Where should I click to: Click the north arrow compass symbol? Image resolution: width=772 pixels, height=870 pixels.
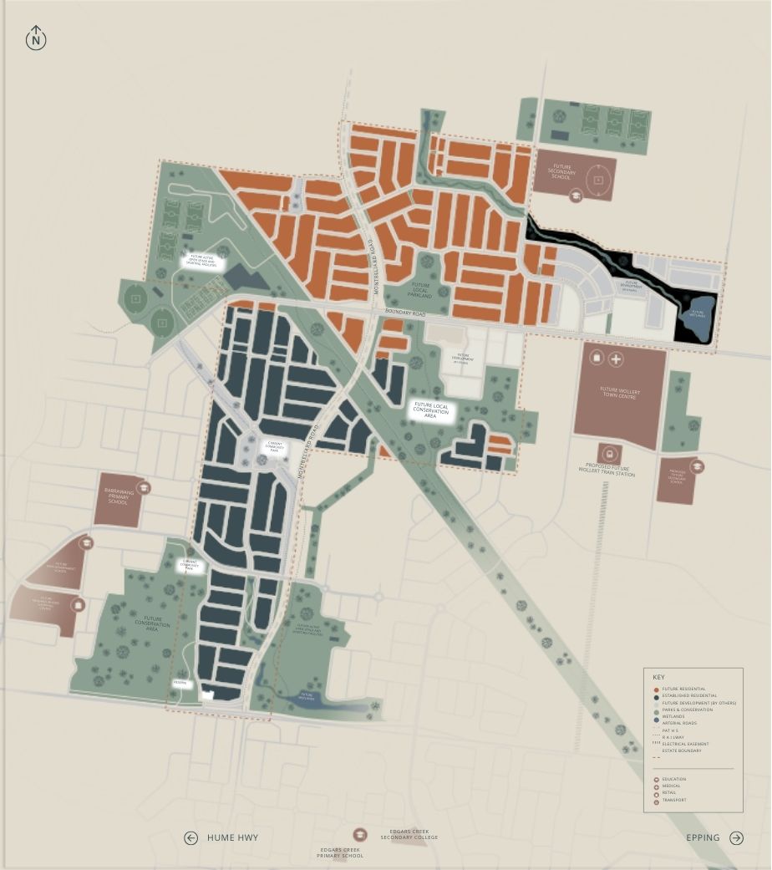[36, 38]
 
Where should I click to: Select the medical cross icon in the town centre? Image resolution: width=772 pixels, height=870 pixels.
[616, 359]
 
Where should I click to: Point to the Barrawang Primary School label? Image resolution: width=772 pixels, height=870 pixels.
[116, 498]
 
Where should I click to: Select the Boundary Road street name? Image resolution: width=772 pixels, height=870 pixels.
[405, 313]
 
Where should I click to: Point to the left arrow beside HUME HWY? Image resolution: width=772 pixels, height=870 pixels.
[190, 837]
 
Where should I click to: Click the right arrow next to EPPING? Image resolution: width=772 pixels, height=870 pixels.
[736, 837]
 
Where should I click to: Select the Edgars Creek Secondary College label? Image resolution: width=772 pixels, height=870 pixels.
[414, 835]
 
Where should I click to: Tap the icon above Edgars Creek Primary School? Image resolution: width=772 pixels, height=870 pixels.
[359, 835]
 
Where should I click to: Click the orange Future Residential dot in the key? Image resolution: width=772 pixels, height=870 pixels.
[656, 689]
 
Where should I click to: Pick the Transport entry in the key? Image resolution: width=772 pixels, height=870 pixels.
[674, 800]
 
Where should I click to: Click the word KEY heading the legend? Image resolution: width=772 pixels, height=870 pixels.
[659, 676]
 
